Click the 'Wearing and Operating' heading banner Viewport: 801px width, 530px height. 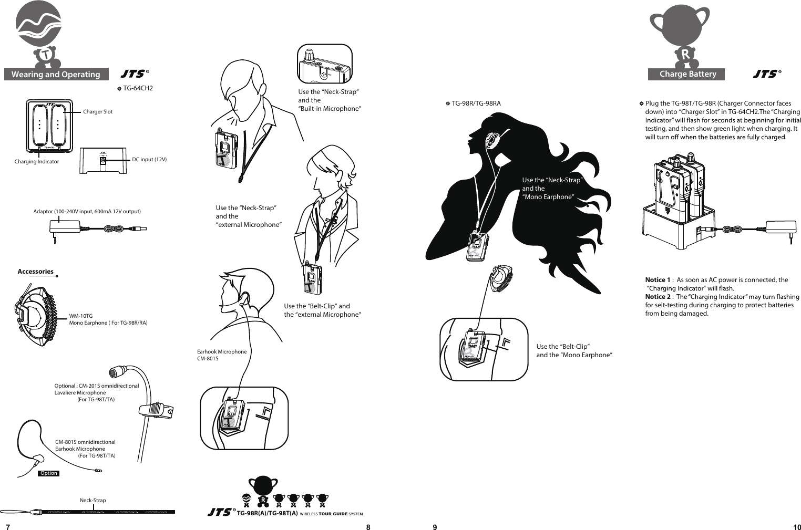point(56,75)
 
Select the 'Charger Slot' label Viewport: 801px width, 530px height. point(98,112)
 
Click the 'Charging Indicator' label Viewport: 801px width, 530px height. point(37,162)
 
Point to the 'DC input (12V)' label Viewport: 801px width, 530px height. point(149,159)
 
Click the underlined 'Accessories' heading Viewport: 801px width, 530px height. point(36,272)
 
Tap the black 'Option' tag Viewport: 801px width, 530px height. point(49,473)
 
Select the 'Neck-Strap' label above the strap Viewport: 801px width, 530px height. point(93,500)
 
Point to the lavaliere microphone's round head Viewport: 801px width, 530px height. point(115,373)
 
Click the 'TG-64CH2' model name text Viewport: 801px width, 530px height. point(138,88)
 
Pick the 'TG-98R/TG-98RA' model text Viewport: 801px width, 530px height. point(476,103)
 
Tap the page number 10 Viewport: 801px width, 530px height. point(797,527)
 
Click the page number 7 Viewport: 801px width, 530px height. point(7,527)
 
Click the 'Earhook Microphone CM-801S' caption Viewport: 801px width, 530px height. point(221,355)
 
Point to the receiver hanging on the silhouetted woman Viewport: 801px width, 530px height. point(477,246)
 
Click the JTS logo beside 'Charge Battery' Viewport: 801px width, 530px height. point(766,74)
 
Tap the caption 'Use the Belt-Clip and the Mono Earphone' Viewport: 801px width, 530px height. point(574,351)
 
